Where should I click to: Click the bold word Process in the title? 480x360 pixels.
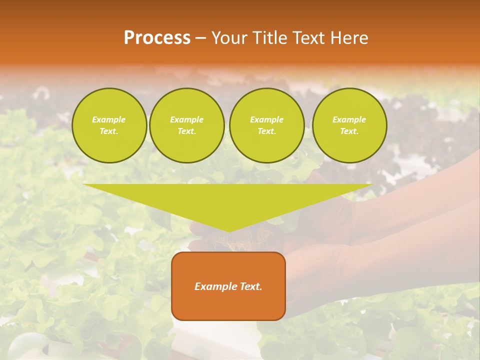(157, 37)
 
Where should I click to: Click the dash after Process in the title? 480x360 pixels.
(200, 38)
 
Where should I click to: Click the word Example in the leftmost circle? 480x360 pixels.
(109, 119)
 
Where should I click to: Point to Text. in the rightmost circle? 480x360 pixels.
(349, 131)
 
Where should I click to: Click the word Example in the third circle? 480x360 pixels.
(267, 119)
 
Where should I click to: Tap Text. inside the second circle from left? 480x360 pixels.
(187, 131)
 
